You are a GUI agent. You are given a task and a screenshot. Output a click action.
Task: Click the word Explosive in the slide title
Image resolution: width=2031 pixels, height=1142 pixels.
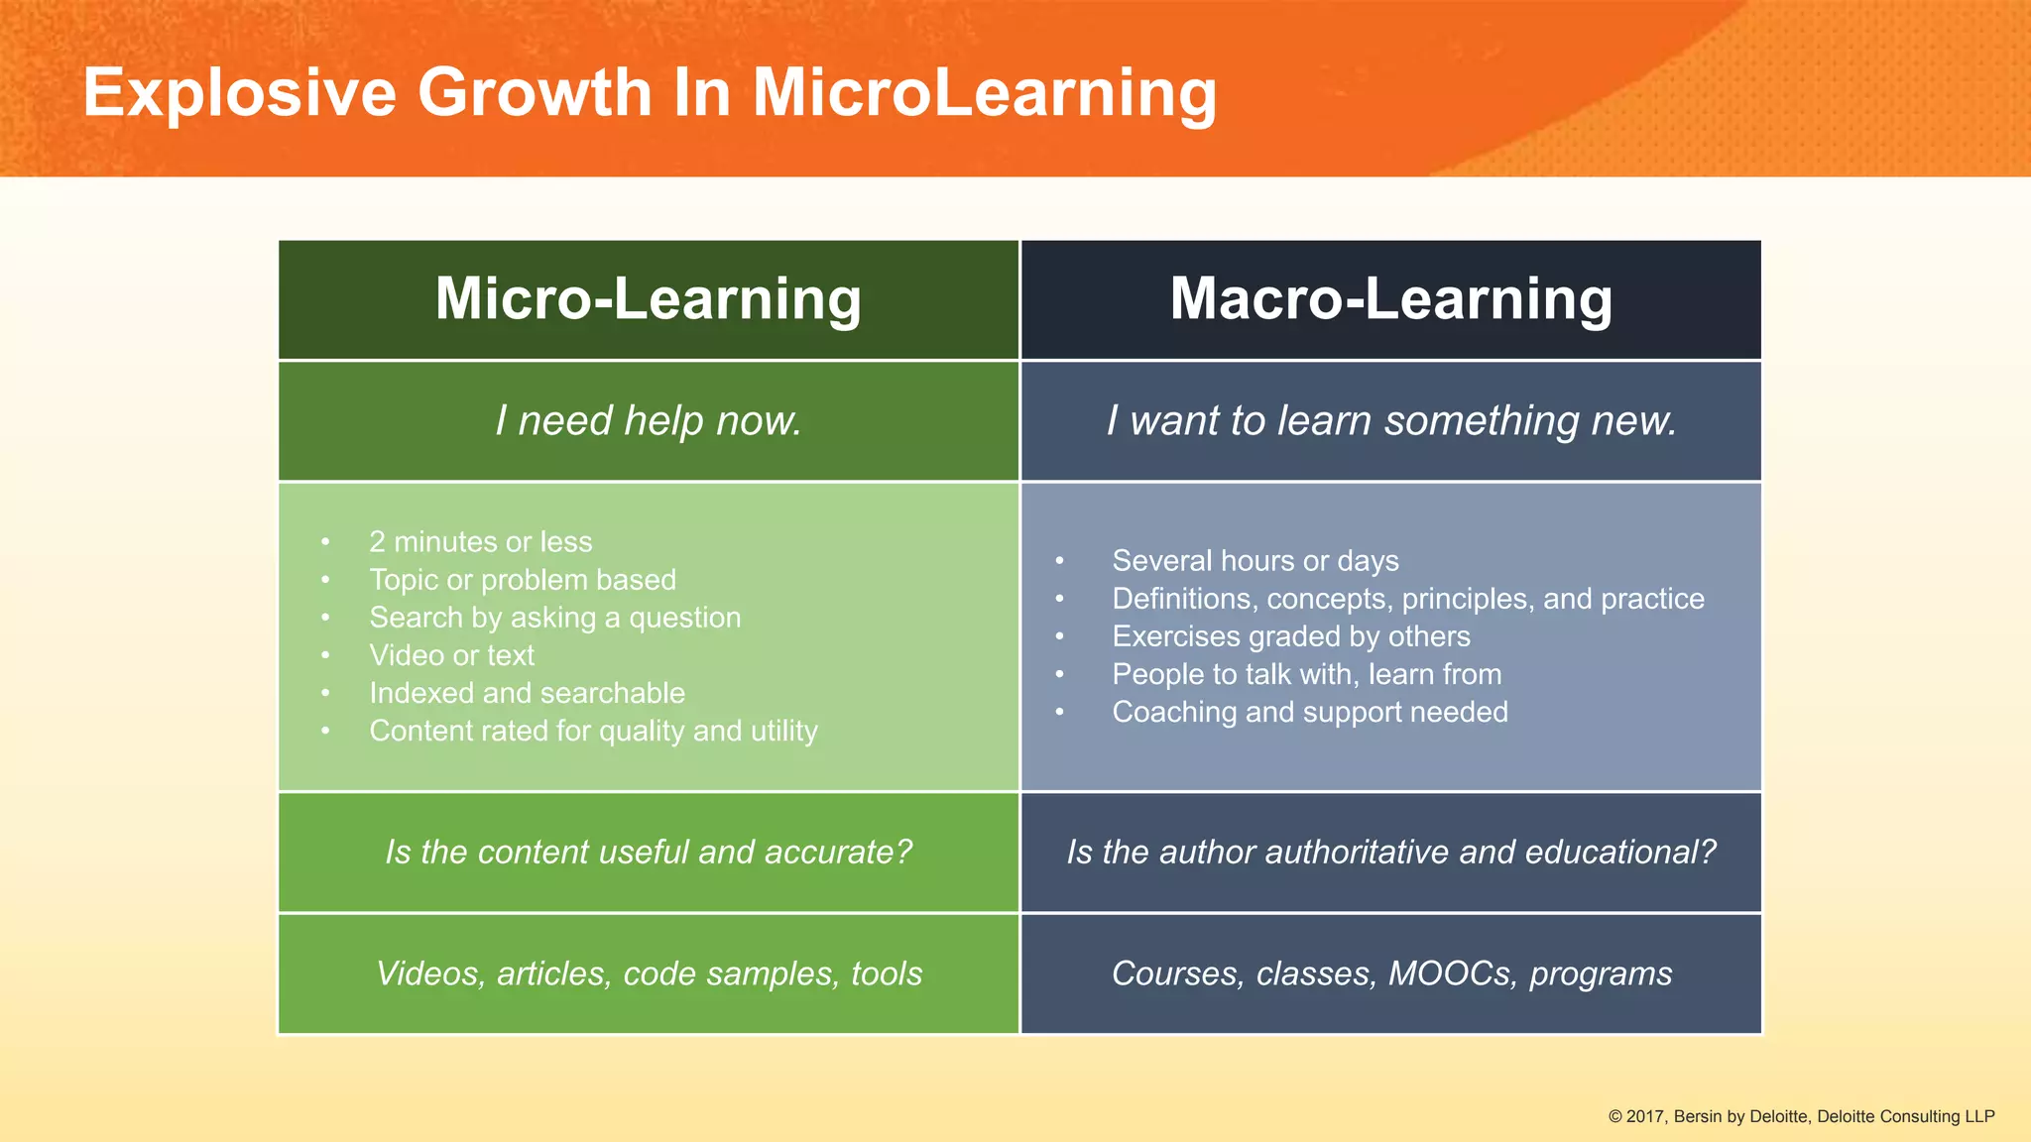(239, 93)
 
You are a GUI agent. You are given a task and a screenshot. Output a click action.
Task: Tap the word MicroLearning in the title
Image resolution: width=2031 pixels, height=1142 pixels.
(984, 93)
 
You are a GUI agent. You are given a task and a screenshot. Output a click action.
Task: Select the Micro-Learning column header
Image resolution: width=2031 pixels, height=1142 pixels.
(648, 298)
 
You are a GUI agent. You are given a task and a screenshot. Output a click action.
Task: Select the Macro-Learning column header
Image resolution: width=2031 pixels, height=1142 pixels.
(1390, 298)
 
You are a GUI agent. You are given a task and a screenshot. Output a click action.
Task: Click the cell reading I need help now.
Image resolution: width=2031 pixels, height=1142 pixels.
(649, 421)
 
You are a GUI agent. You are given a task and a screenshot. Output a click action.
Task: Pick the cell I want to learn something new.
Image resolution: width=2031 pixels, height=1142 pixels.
(1391, 421)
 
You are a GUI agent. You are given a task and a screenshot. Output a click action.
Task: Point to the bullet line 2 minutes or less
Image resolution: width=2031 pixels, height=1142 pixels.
(480, 542)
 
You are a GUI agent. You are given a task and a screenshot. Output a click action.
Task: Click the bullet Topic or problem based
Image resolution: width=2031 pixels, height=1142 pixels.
(523, 580)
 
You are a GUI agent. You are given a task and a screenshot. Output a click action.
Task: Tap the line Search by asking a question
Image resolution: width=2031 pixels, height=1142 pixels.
(554, 618)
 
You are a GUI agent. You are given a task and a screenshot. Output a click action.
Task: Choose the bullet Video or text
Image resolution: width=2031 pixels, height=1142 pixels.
(451, 655)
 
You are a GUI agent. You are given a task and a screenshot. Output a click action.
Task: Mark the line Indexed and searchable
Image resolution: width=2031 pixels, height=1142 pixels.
(527, 693)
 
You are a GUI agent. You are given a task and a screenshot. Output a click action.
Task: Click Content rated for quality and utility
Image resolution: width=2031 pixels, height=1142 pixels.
(593, 731)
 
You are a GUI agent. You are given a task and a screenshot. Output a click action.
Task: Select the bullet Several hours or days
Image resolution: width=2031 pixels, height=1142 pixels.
(1254, 561)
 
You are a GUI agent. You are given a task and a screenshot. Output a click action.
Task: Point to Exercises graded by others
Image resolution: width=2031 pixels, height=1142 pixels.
(1290, 636)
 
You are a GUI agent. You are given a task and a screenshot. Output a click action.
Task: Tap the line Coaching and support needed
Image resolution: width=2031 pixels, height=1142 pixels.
(1309, 712)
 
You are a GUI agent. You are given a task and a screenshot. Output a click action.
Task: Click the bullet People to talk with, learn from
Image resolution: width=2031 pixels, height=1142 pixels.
(1306, 674)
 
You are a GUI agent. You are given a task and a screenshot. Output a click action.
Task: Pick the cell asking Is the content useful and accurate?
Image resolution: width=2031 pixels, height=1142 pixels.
(649, 853)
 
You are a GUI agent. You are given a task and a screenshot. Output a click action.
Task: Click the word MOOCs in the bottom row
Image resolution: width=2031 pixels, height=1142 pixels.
(1452, 973)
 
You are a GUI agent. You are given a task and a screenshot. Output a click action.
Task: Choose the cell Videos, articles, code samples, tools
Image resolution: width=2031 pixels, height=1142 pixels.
(649, 973)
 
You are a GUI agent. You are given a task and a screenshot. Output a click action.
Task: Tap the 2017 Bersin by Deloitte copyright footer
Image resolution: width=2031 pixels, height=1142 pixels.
(1801, 1116)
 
